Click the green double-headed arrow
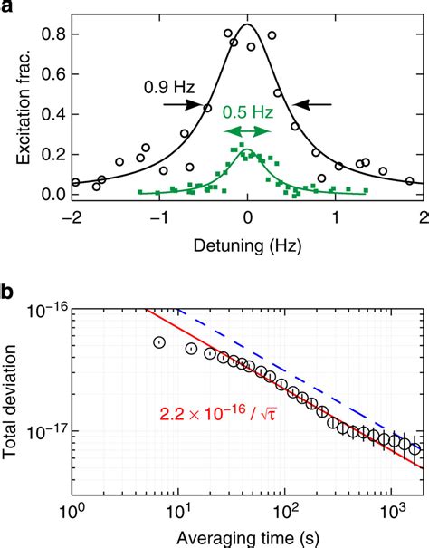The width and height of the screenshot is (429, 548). coord(247,132)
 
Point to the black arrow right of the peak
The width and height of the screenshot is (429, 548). coord(315,105)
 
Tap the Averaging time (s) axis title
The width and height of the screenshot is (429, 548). coord(247,536)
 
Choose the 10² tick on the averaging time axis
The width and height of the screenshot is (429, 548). coord(287,511)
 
